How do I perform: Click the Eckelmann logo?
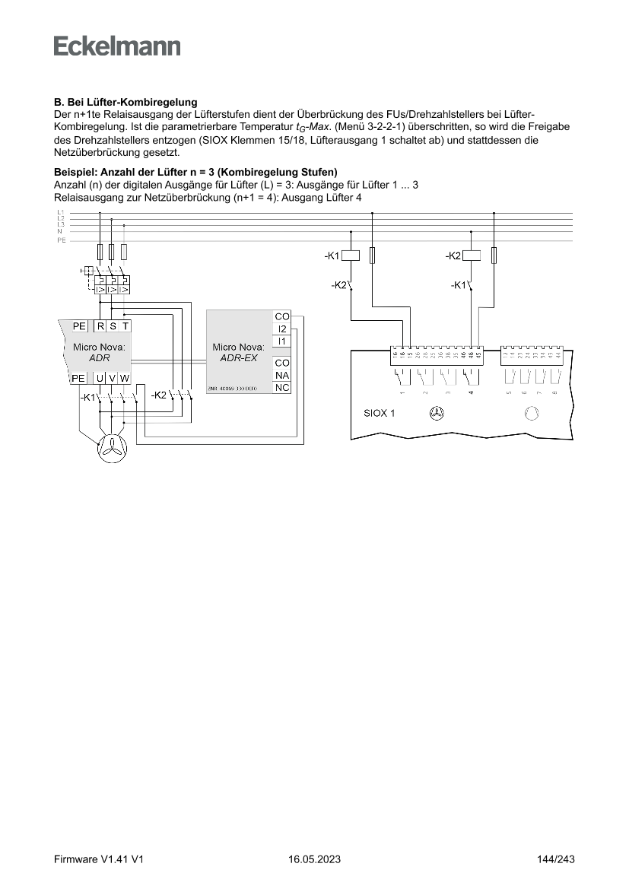tap(117, 46)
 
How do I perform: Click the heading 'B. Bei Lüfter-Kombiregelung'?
tap(125, 102)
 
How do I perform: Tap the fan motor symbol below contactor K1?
tap(111, 449)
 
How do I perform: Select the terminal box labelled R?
tap(100, 326)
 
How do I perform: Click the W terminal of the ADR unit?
tap(124, 378)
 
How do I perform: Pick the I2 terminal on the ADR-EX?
tap(282, 329)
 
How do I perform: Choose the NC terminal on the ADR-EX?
tap(282, 388)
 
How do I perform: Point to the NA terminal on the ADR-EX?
tap(282, 376)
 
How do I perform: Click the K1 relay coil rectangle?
tap(351, 256)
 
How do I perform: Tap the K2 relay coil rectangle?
tap(472, 256)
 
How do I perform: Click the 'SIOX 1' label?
tap(379, 414)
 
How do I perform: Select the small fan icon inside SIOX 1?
tap(437, 414)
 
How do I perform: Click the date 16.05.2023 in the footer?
tap(314, 860)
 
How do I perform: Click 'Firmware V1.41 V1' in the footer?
tap(100, 860)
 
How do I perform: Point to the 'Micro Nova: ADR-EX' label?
tap(239, 352)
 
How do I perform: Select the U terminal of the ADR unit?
tap(100, 378)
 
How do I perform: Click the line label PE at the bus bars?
tap(61, 240)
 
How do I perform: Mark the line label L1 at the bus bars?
tap(60, 212)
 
